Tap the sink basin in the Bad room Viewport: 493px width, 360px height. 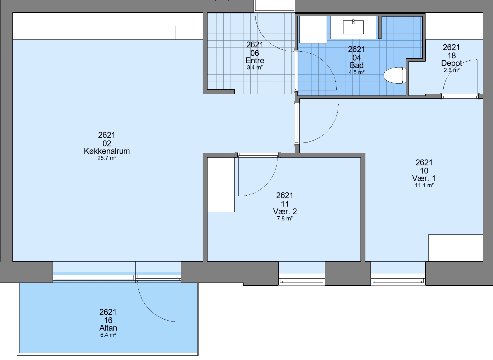[x=353, y=27]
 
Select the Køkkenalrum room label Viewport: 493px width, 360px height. [x=107, y=151]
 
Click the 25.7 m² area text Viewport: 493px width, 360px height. [x=107, y=158]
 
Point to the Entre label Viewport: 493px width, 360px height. [x=255, y=60]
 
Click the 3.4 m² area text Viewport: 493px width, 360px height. [x=255, y=67]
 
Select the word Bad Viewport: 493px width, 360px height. [x=357, y=65]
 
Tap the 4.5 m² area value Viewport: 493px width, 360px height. [x=357, y=72]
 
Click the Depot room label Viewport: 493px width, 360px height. [x=451, y=63]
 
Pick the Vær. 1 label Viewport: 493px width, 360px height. [x=424, y=178]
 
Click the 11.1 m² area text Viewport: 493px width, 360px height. [x=424, y=185]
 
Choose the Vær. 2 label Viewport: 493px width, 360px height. [x=285, y=211]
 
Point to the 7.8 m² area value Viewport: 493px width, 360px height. [x=285, y=218]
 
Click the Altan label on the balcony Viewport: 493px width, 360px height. [x=108, y=328]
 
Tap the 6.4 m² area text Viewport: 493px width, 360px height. [x=108, y=335]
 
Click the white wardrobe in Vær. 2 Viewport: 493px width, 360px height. [x=221, y=185]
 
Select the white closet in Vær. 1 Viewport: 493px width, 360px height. [x=455, y=248]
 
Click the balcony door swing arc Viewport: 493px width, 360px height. [x=150, y=310]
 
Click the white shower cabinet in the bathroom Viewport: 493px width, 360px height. [x=313, y=29]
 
